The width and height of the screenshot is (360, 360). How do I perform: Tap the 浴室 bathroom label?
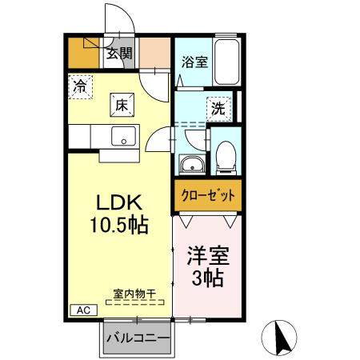194,60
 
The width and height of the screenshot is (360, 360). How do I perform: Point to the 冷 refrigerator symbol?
81,86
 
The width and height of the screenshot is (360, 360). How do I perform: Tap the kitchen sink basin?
124,137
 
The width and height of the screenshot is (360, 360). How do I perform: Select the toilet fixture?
226,155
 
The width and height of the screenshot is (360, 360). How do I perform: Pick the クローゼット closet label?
206,194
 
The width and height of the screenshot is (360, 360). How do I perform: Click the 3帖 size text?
207,279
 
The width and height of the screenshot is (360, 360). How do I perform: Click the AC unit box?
84,310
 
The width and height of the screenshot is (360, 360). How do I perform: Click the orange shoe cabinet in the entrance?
82,52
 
